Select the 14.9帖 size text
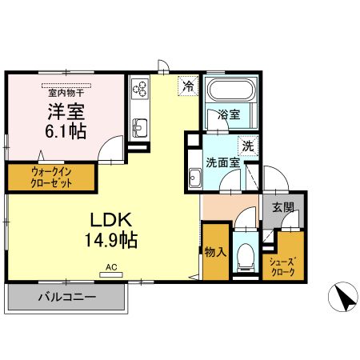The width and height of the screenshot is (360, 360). coord(111,238)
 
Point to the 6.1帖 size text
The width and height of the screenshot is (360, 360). coord(66,130)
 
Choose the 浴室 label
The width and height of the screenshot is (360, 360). coord(230,114)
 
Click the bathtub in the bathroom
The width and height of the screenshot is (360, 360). coord(229,90)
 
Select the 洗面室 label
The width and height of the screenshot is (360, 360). coord(223,162)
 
